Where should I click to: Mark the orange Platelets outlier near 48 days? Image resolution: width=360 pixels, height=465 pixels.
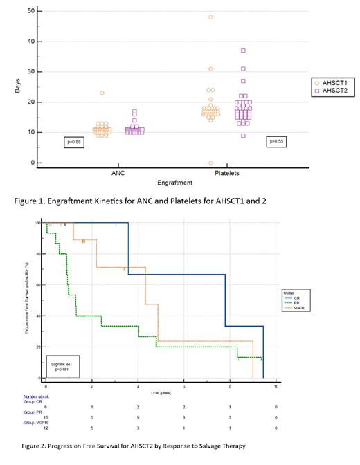(210, 17)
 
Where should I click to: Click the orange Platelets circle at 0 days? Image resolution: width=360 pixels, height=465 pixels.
(210, 163)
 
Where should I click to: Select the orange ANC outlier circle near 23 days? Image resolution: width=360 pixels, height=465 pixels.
(102, 93)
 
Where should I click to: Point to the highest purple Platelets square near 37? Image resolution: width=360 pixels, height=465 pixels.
(243, 51)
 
